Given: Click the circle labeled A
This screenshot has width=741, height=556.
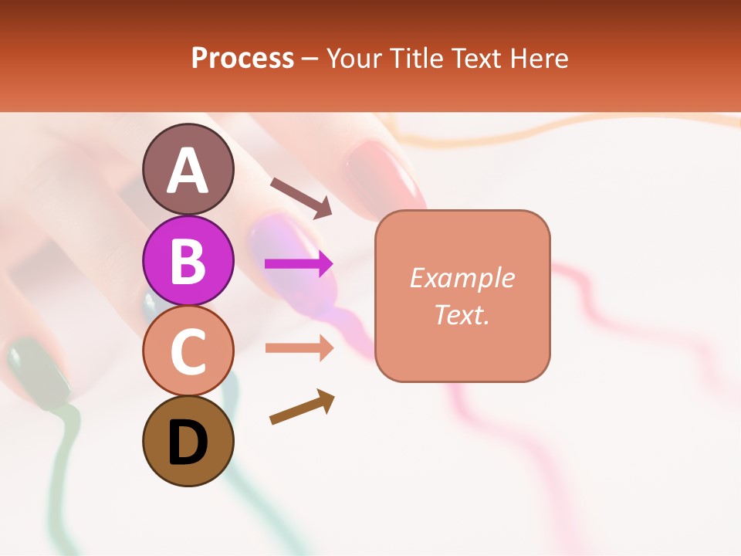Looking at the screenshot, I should coord(188,169).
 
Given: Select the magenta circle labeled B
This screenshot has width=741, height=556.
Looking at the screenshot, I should coord(188,260).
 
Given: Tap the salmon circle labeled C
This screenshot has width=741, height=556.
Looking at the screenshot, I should coord(188,351).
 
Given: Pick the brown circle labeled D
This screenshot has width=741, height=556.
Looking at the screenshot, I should coord(188,441).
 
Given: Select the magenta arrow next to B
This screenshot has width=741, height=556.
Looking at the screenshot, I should coord(299,264).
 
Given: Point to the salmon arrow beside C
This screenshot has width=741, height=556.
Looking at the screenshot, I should coord(299,348).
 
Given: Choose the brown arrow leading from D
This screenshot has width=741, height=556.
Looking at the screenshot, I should coord(302,407).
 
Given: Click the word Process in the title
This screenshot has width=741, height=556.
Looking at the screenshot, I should coord(242,58).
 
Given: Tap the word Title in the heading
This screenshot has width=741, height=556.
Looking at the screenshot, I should coord(414,58).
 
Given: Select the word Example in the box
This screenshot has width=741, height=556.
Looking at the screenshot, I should coord(462,278).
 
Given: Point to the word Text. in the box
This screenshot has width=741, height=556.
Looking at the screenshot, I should coord(462,314).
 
